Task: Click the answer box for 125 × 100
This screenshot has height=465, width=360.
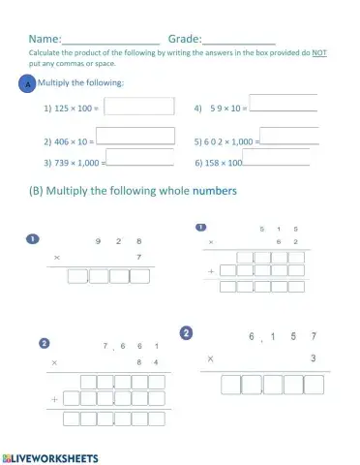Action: (x=138, y=108)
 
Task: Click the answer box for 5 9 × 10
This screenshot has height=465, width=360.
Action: (x=284, y=106)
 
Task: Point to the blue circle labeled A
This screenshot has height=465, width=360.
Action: (x=28, y=85)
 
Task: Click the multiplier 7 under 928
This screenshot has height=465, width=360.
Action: (x=139, y=257)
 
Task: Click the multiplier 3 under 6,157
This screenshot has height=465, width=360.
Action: (x=313, y=358)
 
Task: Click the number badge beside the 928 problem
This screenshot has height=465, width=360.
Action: (x=33, y=238)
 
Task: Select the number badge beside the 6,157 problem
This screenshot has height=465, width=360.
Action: (x=186, y=332)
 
